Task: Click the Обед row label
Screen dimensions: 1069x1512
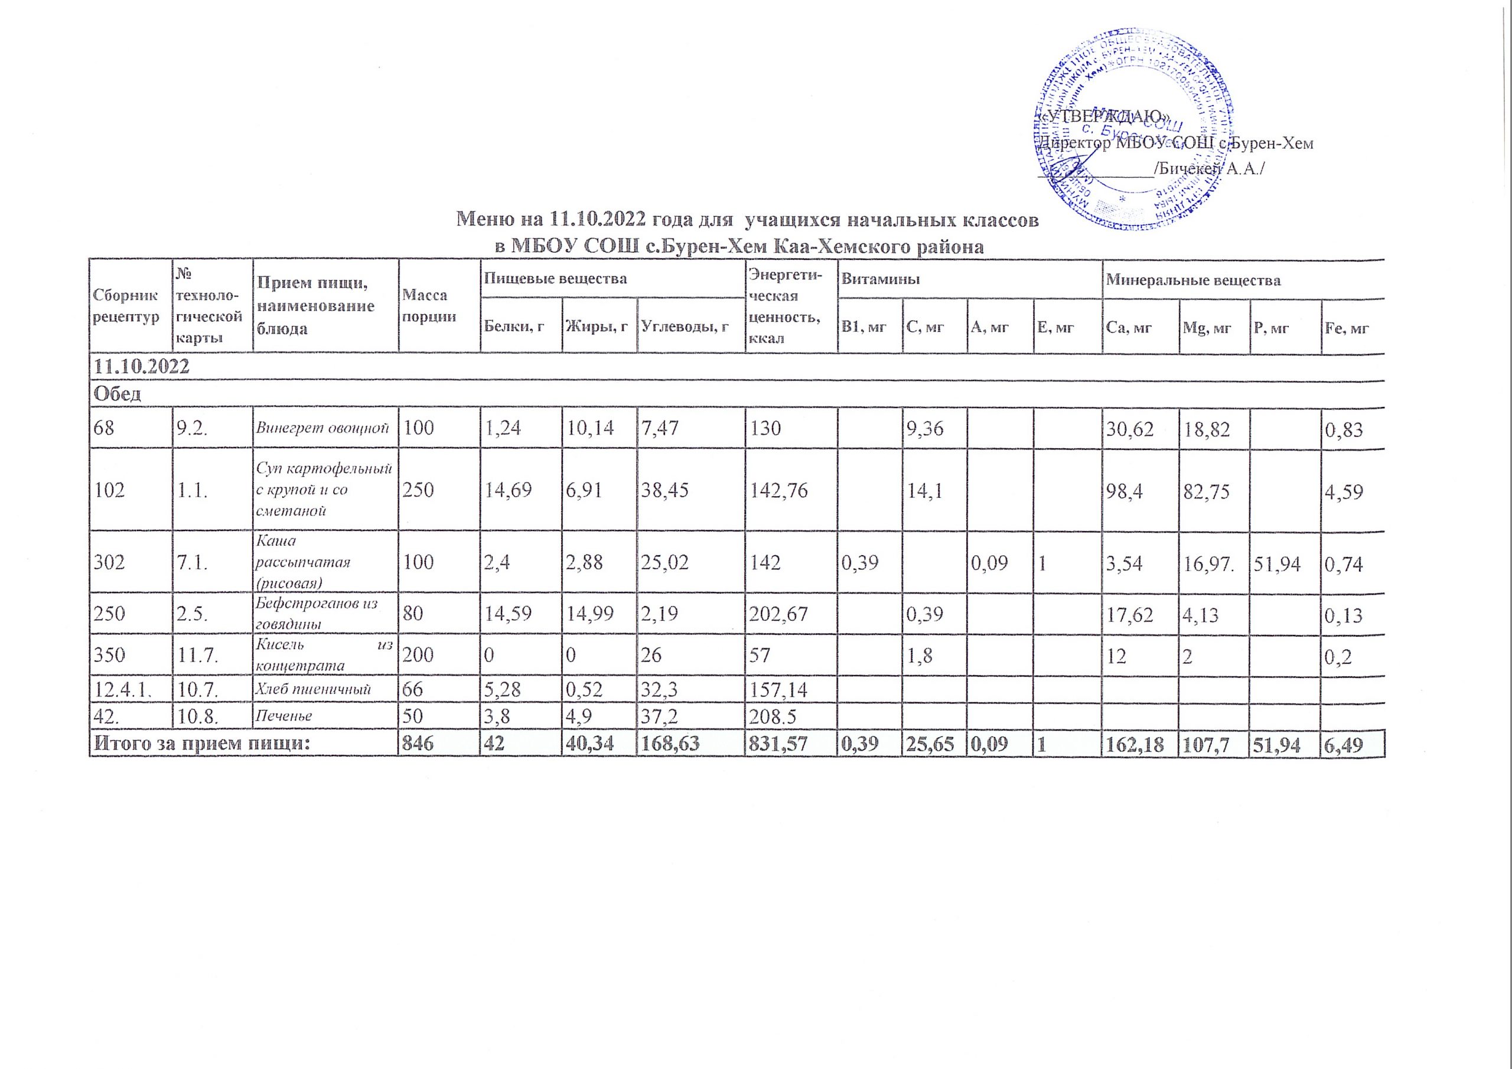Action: click(117, 394)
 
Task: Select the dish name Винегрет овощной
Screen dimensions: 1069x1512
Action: click(325, 429)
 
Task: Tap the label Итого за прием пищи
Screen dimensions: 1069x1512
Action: click(201, 744)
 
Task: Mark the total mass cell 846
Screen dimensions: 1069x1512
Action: click(418, 744)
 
